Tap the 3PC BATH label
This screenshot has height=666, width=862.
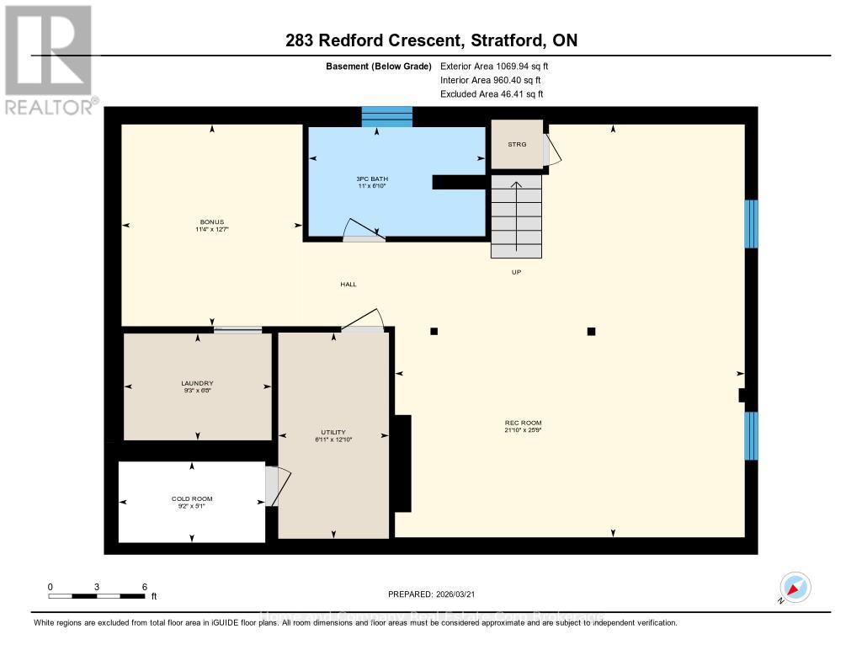click(372, 178)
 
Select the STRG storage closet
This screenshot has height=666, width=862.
click(516, 144)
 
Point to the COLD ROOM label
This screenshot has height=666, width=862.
click(192, 499)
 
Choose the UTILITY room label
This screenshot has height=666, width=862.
click(333, 433)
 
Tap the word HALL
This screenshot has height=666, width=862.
click(348, 285)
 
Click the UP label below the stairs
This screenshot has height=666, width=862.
click(516, 272)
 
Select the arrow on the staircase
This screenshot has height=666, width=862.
click(516, 187)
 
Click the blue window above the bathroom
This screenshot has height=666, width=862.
click(387, 117)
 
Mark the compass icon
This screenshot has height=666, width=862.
click(795, 588)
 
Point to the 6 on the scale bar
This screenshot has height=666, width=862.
click(144, 587)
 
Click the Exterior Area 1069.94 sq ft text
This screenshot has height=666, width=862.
click(495, 66)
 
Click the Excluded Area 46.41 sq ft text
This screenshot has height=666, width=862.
click(492, 94)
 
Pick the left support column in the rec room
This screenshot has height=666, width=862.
click(434, 331)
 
